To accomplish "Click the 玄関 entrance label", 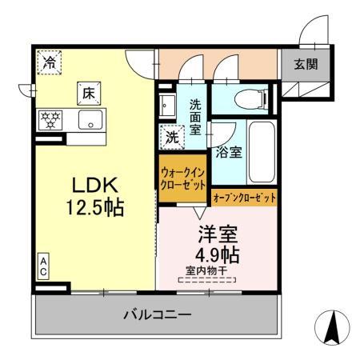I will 303,64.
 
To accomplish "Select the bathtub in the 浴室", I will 262,152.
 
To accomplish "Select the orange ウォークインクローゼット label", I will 183,177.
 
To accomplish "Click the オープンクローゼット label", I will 244,196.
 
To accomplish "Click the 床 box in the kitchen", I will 88,94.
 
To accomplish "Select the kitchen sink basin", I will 88,122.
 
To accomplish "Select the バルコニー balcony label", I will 158,314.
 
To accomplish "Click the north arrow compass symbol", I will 336,327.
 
